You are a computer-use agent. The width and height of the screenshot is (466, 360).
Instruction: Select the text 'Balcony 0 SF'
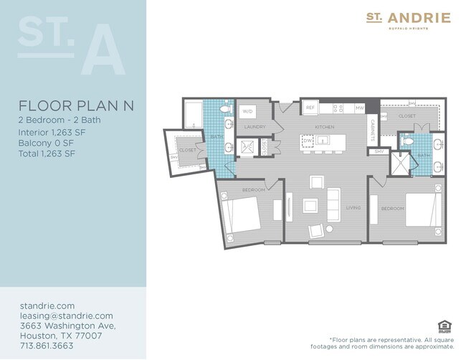[x=49, y=142]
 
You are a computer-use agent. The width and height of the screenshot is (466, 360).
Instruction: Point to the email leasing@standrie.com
[x=67, y=316]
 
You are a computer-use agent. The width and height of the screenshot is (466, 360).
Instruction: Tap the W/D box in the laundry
[x=248, y=112]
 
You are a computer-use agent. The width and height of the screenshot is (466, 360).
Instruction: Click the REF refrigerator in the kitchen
[x=310, y=108]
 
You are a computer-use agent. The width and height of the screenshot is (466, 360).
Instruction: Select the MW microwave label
[x=360, y=108]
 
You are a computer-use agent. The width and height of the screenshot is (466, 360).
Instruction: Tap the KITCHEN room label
[x=325, y=127]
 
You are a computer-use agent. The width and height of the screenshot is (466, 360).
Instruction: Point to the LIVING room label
[x=353, y=208]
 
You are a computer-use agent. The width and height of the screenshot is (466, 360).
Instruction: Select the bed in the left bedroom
[x=241, y=213]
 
